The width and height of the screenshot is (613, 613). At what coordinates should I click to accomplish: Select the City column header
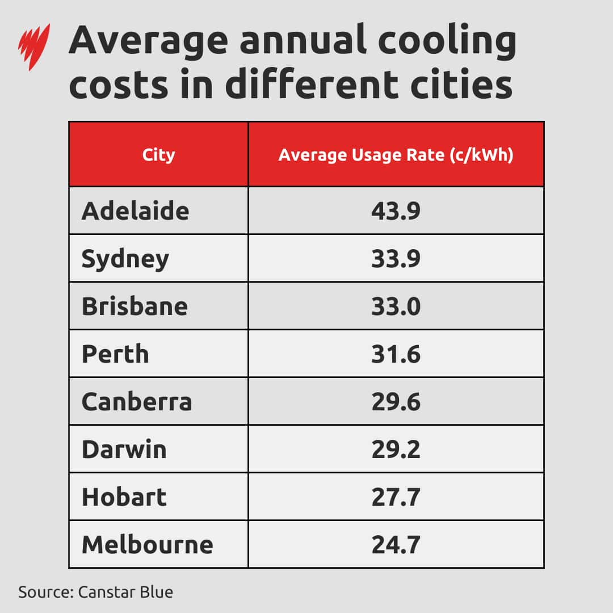point(158,155)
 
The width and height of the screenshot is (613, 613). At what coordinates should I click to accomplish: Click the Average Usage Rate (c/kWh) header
point(396,155)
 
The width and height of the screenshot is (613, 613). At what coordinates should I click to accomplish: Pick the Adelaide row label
point(135,211)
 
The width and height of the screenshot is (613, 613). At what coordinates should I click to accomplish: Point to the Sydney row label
point(125,259)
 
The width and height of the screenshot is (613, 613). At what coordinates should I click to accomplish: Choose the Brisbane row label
point(135,306)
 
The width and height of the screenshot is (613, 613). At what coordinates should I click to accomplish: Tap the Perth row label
point(115,354)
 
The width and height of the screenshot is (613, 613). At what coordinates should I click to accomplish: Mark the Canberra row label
point(137,402)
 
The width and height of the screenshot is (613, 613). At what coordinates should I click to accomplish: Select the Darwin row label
point(124,450)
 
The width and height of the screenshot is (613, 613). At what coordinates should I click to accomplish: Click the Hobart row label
point(124,497)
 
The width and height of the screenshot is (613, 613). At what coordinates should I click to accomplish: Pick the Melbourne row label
point(148,545)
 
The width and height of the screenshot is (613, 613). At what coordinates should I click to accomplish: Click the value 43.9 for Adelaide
point(396,211)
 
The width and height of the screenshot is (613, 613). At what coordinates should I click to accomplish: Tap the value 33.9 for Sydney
point(396,259)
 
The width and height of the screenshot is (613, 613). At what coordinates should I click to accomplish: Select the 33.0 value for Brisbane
point(396,306)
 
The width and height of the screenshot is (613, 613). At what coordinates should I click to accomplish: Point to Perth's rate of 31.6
point(396,354)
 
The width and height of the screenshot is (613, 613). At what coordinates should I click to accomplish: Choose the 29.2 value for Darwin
point(396,450)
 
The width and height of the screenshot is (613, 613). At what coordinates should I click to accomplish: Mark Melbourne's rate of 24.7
point(396,545)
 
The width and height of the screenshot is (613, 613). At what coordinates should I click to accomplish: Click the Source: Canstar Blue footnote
point(95,592)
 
